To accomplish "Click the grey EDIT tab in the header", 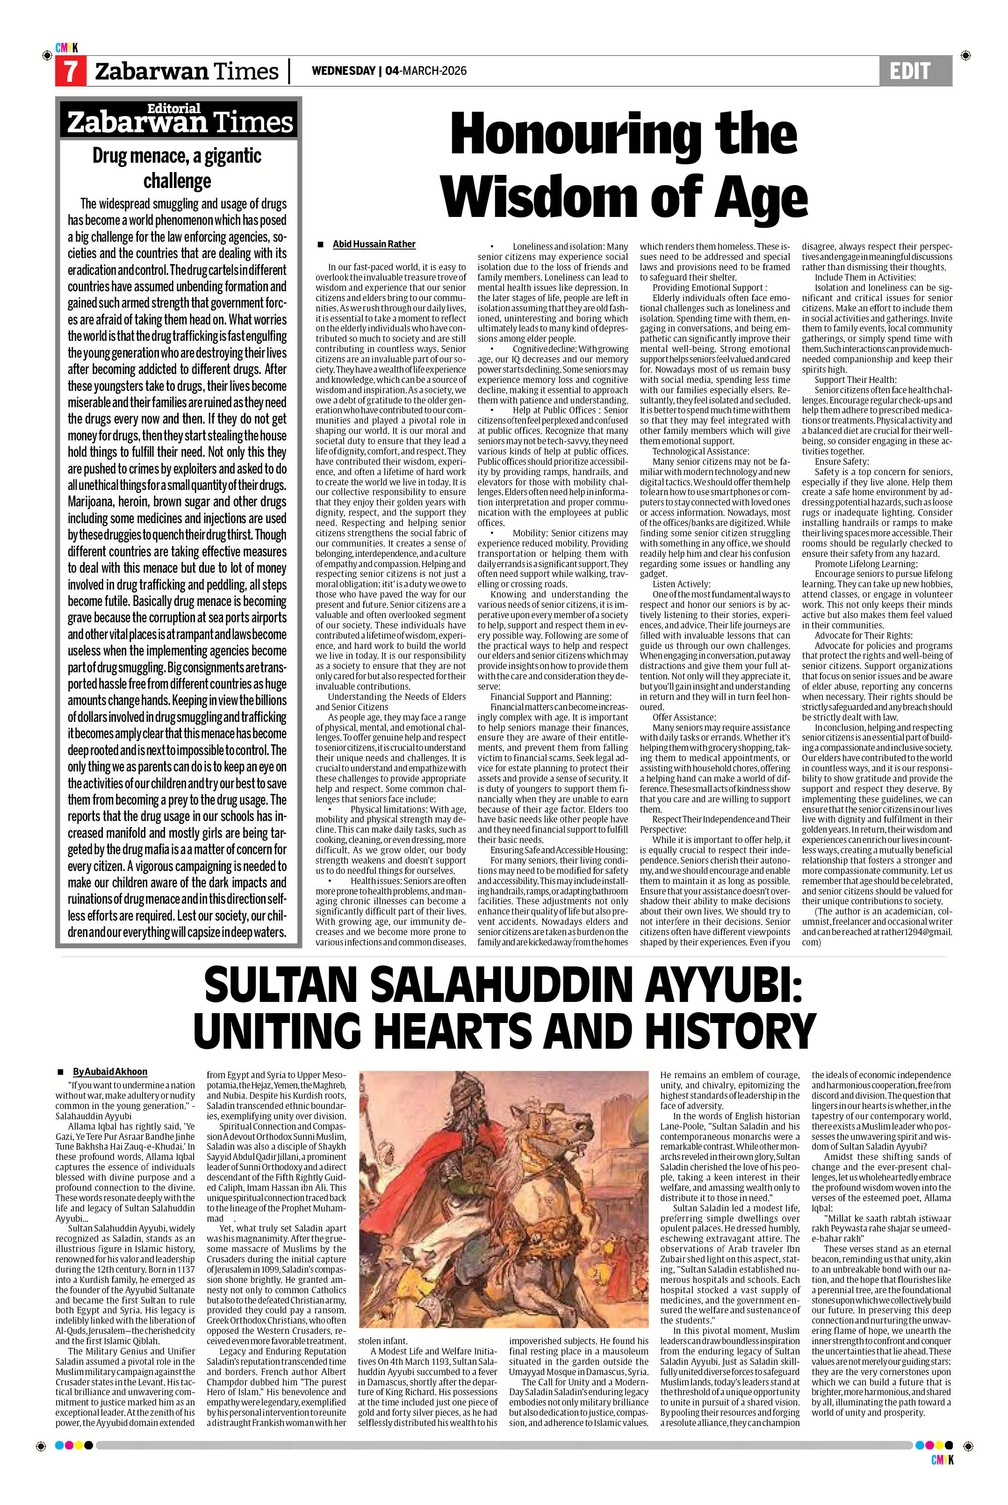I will click(x=915, y=71).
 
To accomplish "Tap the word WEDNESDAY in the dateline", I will click(x=343, y=71).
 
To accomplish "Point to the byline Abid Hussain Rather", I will click(x=374, y=245).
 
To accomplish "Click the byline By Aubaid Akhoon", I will click(x=110, y=1072).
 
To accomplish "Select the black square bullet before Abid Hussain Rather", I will click(x=319, y=245).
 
